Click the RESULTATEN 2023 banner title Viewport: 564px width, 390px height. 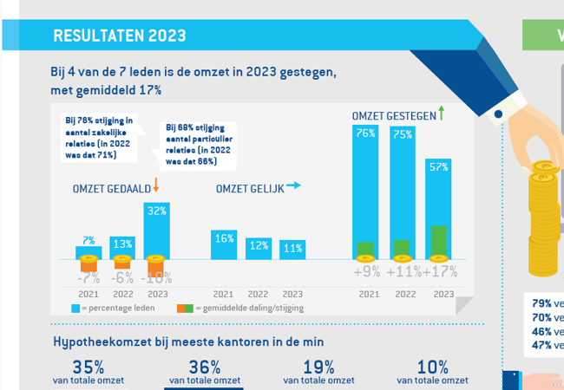click(x=119, y=36)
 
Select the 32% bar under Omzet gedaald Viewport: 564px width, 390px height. click(x=157, y=230)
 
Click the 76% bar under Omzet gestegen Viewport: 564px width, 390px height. click(x=365, y=191)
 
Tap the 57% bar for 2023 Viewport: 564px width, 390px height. click(x=438, y=208)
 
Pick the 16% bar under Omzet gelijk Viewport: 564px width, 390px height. click(x=224, y=244)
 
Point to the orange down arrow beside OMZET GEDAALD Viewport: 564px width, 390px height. click(x=156, y=185)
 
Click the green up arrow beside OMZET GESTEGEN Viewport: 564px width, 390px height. click(x=441, y=113)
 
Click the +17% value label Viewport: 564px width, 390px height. click(x=439, y=271)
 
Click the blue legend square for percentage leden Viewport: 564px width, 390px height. click(x=76, y=308)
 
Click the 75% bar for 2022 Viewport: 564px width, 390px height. click(x=402, y=191)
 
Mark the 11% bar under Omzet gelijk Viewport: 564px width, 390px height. click(x=292, y=250)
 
